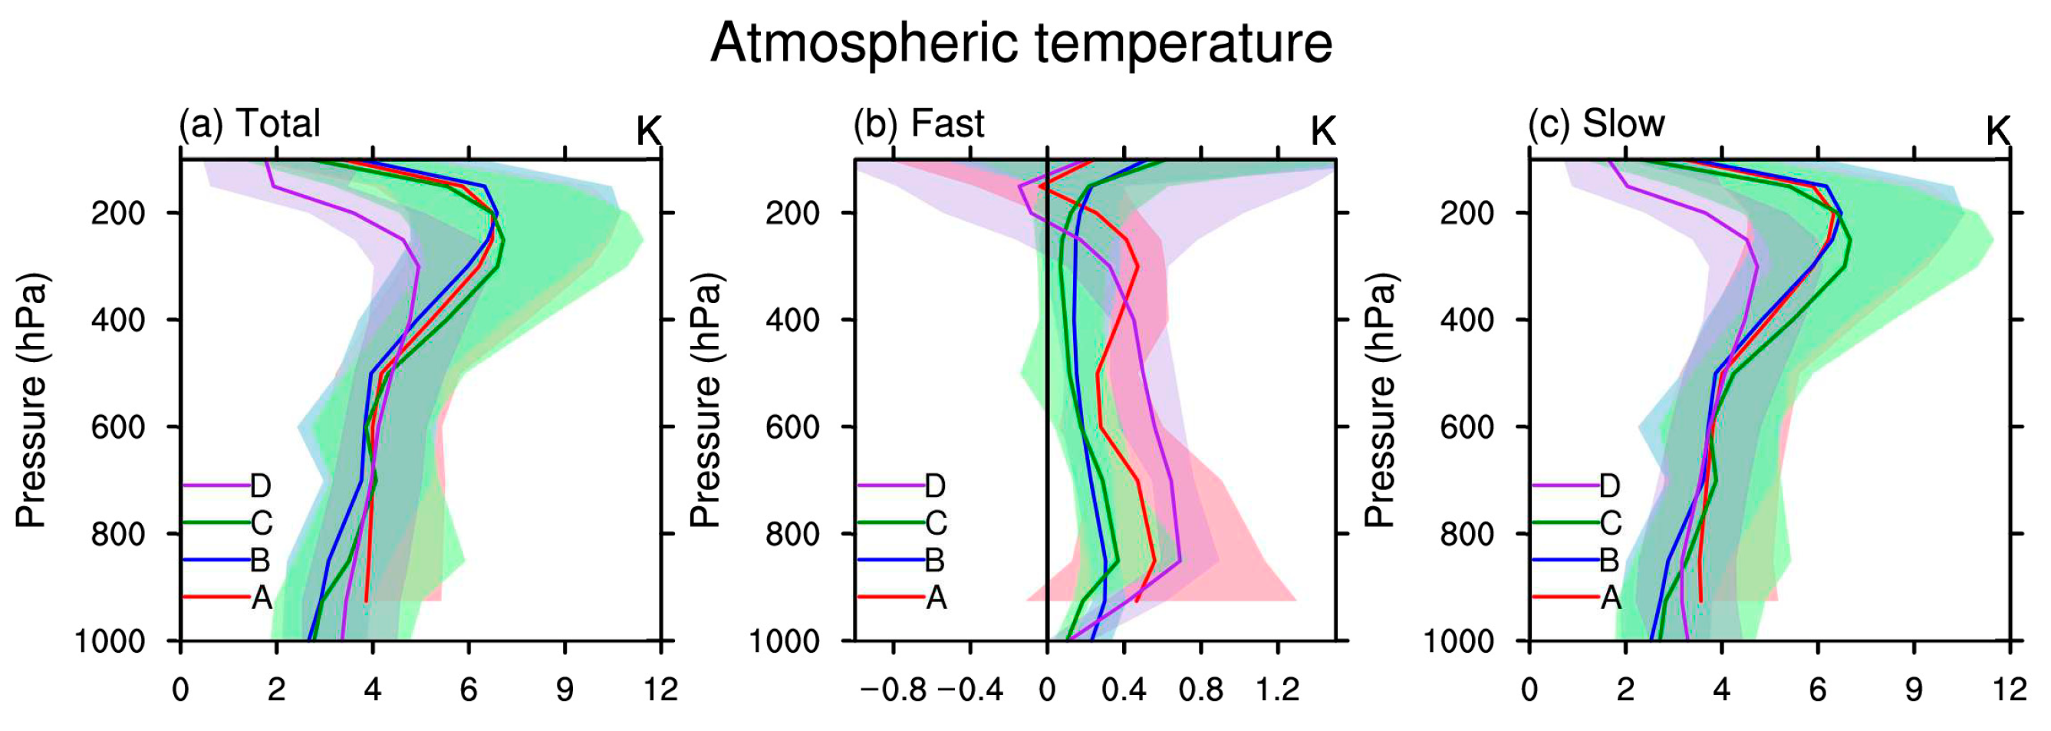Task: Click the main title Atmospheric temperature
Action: click(x=1021, y=43)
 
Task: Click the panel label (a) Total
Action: click(x=249, y=124)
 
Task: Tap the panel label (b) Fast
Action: click(x=919, y=124)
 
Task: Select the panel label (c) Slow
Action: click(x=1596, y=124)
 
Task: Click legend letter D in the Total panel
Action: click(x=260, y=485)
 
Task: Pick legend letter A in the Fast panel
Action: click(x=937, y=598)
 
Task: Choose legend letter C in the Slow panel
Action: click(x=1610, y=523)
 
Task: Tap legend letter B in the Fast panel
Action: click(x=935, y=561)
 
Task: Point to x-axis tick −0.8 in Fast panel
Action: click(x=894, y=690)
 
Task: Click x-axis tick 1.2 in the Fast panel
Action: click(x=1278, y=690)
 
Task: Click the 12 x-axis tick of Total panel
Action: click(x=660, y=690)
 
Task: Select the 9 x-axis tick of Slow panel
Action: click(x=1914, y=690)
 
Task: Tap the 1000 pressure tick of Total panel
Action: click(x=110, y=641)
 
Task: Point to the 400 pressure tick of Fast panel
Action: click(x=792, y=320)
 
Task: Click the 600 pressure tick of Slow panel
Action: click(x=1467, y=427)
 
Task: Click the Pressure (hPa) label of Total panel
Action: click(x=32, y=400)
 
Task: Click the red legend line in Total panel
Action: click(x=215, y=598)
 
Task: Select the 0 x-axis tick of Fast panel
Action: click(x=1046, y=690)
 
